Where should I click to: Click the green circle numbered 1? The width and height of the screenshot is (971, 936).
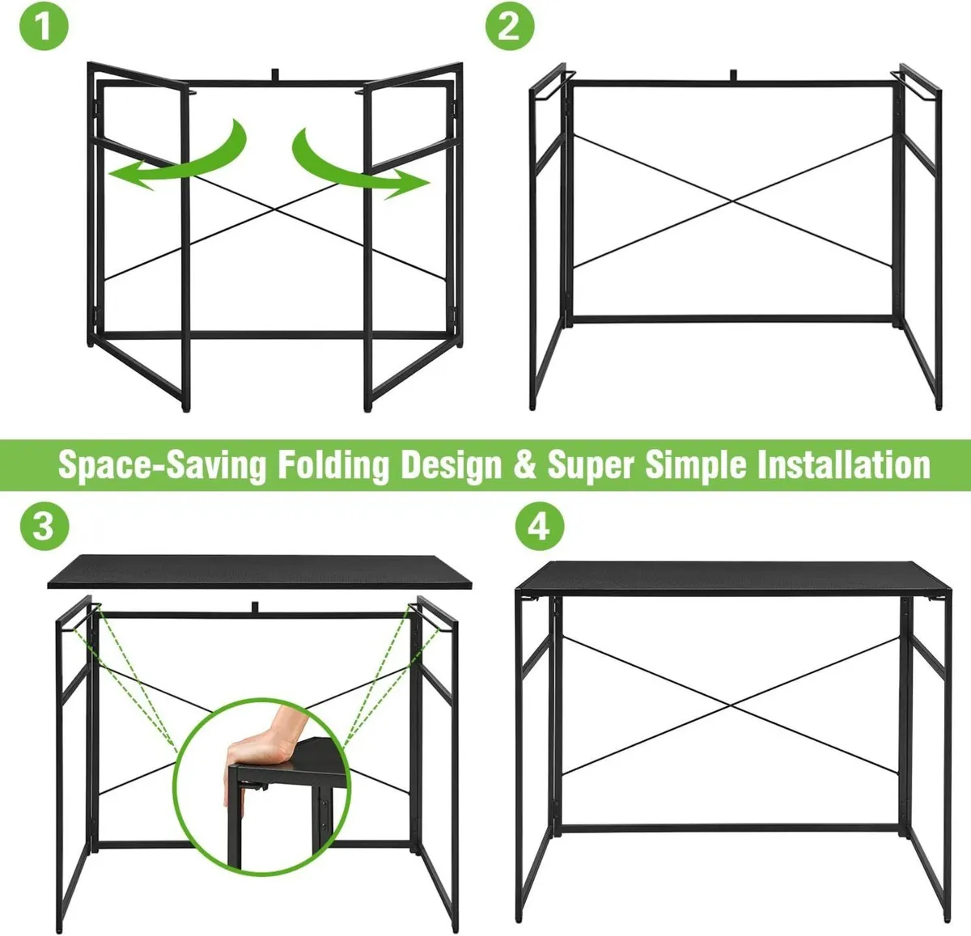[x=44, y=26]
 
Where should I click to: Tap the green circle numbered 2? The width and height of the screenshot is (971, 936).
[x=510, y=26]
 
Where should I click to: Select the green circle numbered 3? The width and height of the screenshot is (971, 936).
[x=45, y=526]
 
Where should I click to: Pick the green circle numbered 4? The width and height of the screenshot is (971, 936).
[x=540, y=526]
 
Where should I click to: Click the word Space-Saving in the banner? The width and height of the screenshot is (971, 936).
[x=162, y=465]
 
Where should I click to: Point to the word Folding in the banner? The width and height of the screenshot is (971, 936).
[x=333, y=465]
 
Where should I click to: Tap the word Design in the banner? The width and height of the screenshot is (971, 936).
[x=452, y=465]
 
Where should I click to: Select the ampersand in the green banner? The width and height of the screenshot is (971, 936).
[x=525, y=465]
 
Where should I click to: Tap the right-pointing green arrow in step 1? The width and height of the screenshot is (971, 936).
[x=360, y=165]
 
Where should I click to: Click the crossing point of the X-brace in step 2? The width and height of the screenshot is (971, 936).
[x=732, y=201]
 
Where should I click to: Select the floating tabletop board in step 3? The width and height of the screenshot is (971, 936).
[x=260, y=572]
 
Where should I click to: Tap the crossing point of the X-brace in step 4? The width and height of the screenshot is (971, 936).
[x=731, y=705]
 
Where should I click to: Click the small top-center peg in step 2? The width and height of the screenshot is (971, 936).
[x=733, y=75]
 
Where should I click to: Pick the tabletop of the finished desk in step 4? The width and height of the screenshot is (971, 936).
[x=733, y=578]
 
